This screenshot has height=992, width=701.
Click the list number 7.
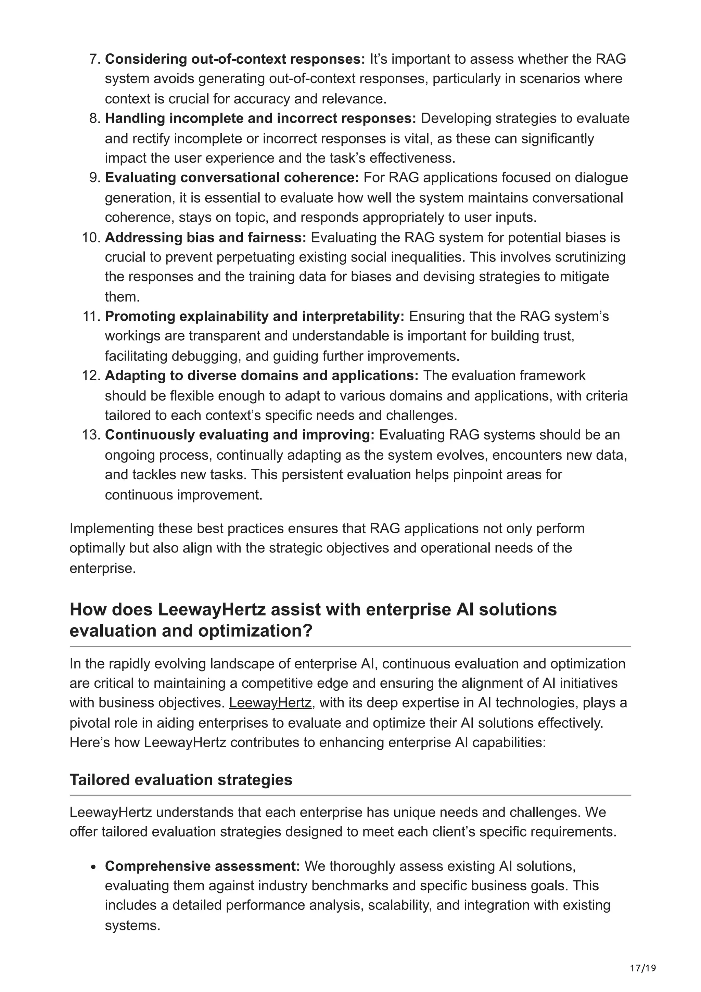click(94, 59)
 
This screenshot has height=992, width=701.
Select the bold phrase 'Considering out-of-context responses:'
click(235, 59)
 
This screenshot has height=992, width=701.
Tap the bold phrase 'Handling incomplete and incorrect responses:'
click(260, 118)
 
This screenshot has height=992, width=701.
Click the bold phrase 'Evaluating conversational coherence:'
click(232, 178)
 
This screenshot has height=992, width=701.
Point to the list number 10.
click(91, 238)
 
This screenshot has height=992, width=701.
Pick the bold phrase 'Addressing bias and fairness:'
click(205, 238)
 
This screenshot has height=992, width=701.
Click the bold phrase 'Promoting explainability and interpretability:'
click(254, 316)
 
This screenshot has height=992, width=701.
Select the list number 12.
click(91, 376)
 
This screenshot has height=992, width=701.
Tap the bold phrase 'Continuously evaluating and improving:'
click(240, 435)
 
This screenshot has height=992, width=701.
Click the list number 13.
click(91, 435)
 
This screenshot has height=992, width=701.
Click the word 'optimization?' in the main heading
click(255, 631)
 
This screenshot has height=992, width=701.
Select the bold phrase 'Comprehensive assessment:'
click(202, 866)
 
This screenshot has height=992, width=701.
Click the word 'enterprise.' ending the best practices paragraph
click(102, 568)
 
